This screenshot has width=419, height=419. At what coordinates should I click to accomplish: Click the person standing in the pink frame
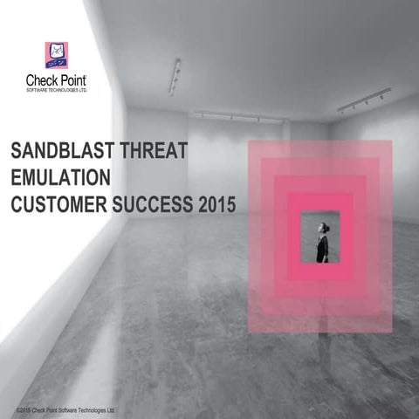pos(323,240)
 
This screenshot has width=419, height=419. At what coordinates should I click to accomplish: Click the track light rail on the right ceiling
pos(363,101)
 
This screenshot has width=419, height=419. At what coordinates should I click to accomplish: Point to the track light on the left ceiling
pos(175,77)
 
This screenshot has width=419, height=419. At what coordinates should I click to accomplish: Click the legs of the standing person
pos(323,254)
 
